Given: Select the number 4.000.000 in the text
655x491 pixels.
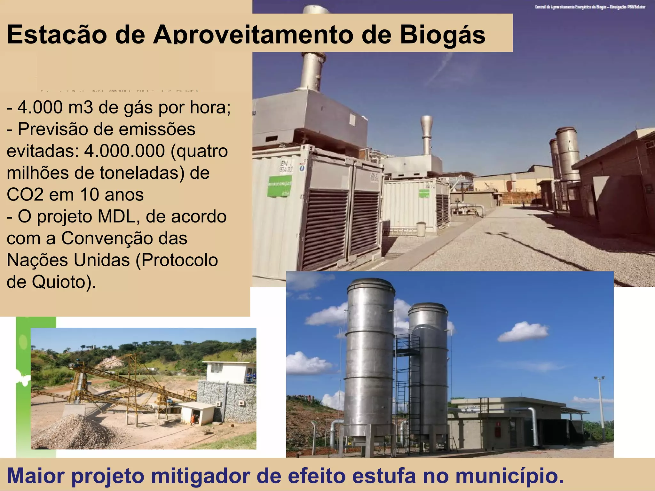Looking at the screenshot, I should click(x=124, y=151).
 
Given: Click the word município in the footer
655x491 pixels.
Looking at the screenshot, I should click(x=509, y=476).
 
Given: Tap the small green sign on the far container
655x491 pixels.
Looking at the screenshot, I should click(x=424, y=193).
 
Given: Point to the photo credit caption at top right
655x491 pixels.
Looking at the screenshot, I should click(x=590, y=7).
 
